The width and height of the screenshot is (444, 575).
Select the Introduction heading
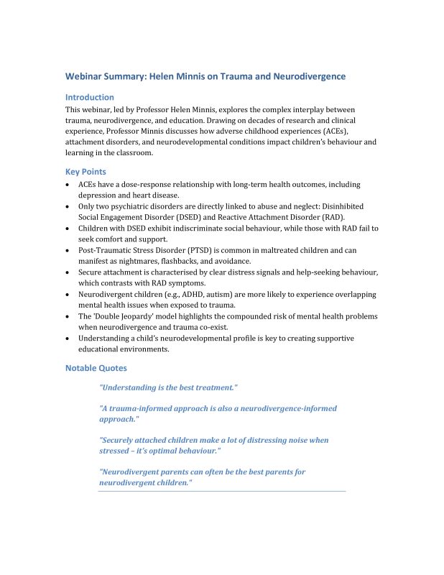pyautogui.click(x=89, y=97)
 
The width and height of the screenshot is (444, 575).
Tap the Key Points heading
pyautogui.click(x=85, y=172)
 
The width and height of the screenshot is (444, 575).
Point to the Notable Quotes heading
pyautogui.click(x=96, y=368)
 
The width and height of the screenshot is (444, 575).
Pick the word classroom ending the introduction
pyautogui.click(x=131, y=152)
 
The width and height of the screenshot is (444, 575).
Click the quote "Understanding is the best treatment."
pyautogui.click(x=168, y=387)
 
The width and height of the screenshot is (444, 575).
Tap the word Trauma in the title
pyautogui.click(x=242, y=75)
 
